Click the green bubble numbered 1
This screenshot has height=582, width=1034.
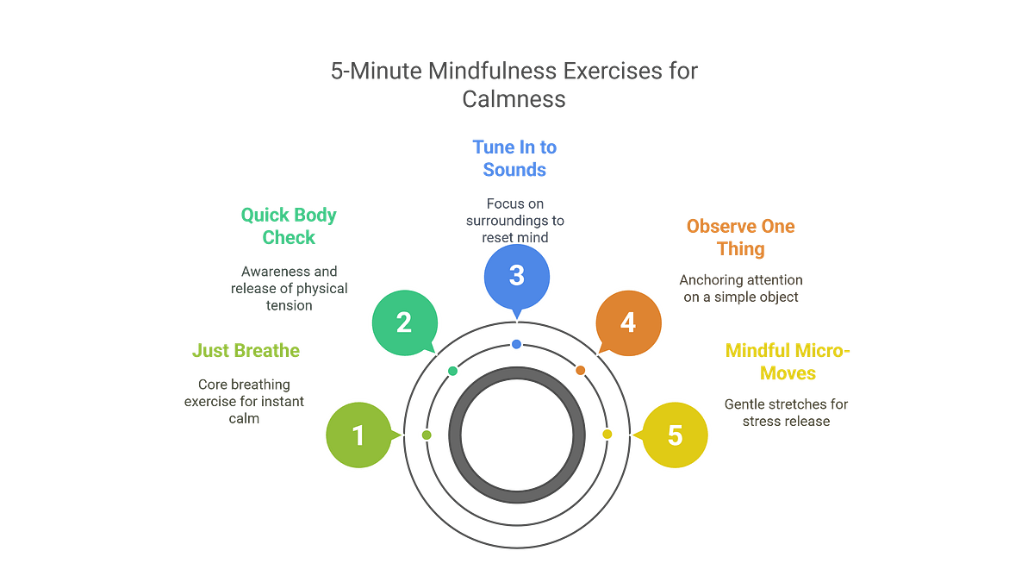pos(358,435)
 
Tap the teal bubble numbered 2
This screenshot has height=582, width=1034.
pos(403,322)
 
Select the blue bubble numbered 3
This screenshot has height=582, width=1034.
pos(516,275)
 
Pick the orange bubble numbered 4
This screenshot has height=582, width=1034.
pos(628,322)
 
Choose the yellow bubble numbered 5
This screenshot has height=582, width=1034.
pos(675,435)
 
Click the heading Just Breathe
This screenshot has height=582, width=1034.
pos(246,351)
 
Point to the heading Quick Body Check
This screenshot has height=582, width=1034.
pos(289,226)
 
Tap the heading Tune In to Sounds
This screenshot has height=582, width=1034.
pos(515,158)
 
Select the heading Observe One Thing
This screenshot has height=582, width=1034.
pos(740,238)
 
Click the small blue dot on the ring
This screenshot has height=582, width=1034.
pos(516,344)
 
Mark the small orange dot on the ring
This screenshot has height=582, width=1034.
pos(580,370)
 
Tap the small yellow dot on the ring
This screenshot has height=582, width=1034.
pos(607,434)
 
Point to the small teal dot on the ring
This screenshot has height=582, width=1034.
pos(452,370)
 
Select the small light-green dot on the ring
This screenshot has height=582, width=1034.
pos(426,435)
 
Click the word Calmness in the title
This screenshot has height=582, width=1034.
pos(514,98)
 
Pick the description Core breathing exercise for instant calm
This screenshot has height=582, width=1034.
pos(244,401)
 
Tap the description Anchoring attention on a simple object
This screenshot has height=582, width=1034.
pos(741,288)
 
